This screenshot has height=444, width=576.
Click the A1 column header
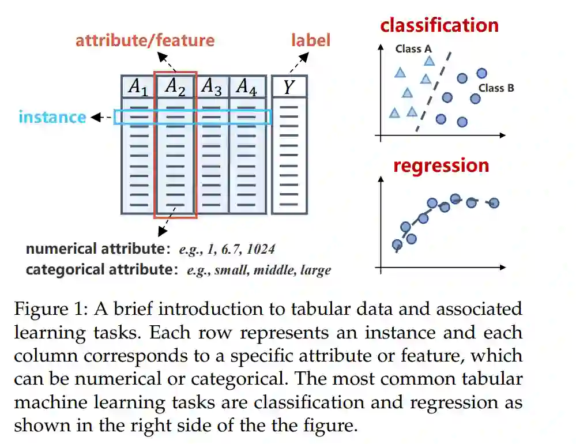138,86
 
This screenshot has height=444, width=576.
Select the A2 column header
175,86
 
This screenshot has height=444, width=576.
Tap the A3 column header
212,86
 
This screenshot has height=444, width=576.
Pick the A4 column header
247,86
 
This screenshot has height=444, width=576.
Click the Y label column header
289,86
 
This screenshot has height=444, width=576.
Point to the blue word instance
52,117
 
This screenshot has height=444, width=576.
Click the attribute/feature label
145,40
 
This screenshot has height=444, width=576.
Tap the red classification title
439,25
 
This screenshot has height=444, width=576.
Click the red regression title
441,165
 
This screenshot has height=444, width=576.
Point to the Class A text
413,49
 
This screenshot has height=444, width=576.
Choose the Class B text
496,88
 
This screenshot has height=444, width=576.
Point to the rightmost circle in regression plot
494,202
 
